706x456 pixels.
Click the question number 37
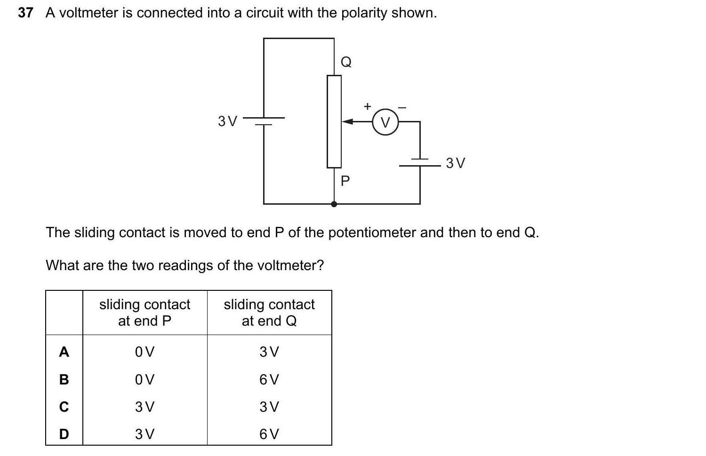(x=25, y=13)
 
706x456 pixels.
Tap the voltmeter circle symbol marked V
(x=385, y=122)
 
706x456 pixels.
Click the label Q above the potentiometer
(x=346, y=62)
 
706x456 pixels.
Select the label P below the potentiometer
(x=345, y=181)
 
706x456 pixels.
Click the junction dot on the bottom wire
(x=334, y=204)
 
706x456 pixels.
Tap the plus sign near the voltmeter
(x=368, y=106)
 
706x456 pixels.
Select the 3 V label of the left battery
(x=228, y=121)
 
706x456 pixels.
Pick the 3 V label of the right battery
(x=456, y=163)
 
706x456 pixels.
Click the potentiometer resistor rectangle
(x=334, y=121)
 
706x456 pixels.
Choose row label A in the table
(x=64, y=352)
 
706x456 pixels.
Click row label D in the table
(x=64, y=434)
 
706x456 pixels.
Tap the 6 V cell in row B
(x=269, y=379)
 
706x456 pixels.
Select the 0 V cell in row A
(x=144, y=352)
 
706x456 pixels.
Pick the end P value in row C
(x=144, y=407)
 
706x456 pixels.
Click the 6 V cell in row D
(x=269, y=434)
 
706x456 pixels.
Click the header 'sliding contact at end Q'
(x=269, y=312)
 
